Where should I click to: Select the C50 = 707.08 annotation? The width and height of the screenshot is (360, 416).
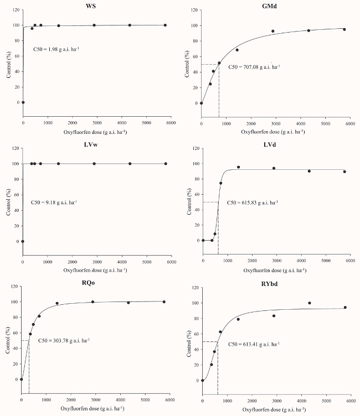click(254, 67)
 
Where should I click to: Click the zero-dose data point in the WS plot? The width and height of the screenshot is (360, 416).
click(23, 102)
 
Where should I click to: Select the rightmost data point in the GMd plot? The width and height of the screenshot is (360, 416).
click(344, 29)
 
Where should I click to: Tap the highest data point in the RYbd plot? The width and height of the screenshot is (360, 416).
click(309, 303)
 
